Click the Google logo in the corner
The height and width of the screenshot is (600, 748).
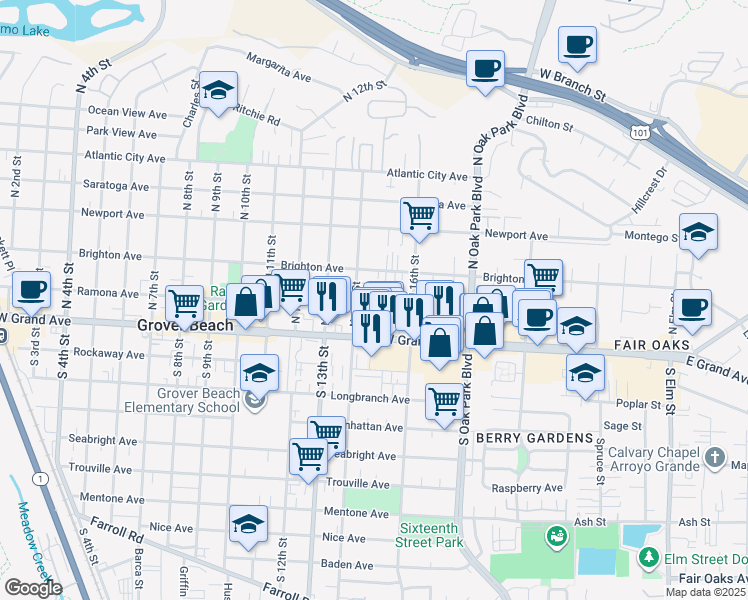point(32,588)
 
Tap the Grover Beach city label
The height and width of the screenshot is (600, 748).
point(185,326)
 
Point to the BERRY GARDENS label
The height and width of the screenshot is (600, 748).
point(534,439)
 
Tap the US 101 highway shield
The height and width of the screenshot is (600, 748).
point(639,131)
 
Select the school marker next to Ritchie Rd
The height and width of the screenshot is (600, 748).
point(218,90)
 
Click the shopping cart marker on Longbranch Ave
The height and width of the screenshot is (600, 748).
point(444,402)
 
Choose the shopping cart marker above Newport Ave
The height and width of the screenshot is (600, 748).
point(419,215)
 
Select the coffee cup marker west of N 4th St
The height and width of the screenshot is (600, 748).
point(31,288)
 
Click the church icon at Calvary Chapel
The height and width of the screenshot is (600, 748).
point(713,458)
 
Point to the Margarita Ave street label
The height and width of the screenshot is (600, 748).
point(279,67)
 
